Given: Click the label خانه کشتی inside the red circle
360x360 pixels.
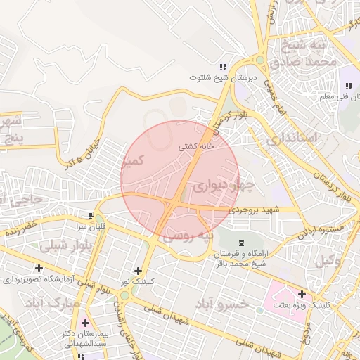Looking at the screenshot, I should click(x=196, y=147).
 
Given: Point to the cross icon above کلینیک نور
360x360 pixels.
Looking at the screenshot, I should click(x=137, y=270).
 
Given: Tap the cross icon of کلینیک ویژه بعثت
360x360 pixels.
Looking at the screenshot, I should click(x=302, y=294).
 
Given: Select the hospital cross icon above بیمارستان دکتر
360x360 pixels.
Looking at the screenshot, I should click(x=85, y=323).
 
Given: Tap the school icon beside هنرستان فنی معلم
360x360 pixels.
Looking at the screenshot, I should click(x=347, y=72).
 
